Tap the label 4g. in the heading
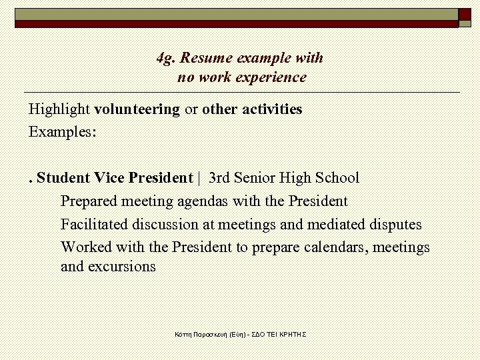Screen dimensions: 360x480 165,59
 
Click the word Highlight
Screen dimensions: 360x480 59,109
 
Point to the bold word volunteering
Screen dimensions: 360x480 137,109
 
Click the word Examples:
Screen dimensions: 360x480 63,132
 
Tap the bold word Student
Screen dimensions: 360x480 63,178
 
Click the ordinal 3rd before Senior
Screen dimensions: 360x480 220,178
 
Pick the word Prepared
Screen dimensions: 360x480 87,201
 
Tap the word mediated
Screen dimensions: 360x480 337,225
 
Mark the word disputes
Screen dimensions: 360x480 395,225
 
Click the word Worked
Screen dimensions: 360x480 86,248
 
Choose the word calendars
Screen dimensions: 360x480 337,248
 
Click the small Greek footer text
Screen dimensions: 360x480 240,333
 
